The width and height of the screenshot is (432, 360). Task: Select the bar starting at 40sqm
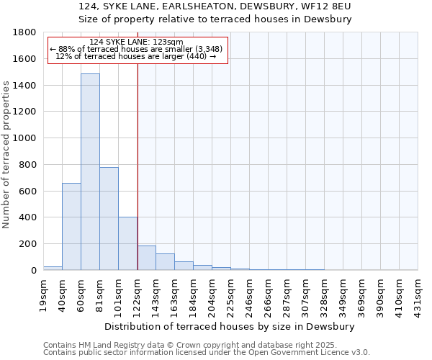point(71,226)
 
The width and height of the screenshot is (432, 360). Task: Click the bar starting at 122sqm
point(146,258)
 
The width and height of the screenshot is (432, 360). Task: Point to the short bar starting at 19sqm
point(53,268)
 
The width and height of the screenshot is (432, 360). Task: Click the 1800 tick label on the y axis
point(24,32)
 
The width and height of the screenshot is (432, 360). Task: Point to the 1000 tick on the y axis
point(24,138)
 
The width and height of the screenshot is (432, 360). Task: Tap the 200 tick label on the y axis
point(27,244)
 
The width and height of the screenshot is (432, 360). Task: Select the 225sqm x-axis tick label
point(231,294)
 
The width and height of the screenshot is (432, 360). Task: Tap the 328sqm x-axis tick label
point(325,294)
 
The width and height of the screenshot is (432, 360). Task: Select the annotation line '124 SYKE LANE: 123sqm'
point(137,42)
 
